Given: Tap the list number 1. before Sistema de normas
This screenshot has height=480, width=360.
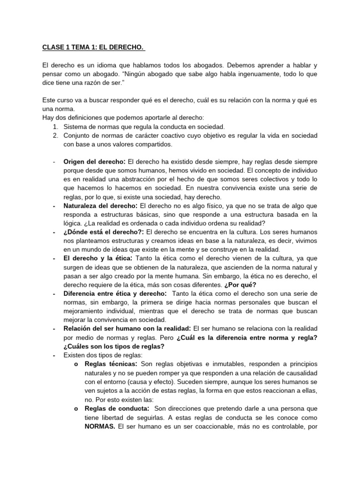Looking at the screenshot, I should [55, 127].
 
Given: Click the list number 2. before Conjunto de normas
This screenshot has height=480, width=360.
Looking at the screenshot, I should [55, 135].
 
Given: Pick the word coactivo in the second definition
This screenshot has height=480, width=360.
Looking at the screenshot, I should [159, 135].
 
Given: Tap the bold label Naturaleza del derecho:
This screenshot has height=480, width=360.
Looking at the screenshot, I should [101, 206].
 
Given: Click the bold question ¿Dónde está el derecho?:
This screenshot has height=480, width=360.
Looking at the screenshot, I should [104, 232].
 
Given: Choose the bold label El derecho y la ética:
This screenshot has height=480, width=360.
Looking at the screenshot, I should [98, 258].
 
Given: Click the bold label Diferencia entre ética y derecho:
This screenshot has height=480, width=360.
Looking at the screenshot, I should [115, 293].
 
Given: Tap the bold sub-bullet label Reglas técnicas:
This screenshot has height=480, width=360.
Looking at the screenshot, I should [111, 364].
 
